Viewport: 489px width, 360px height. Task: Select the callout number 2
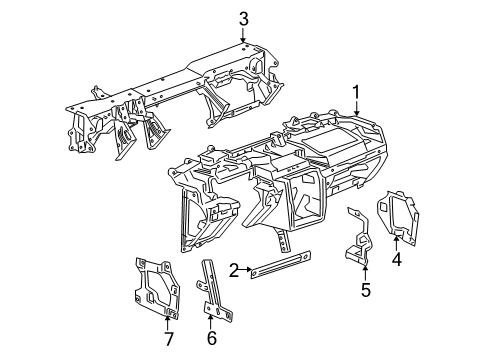pyautogui.click(x=232, y=269)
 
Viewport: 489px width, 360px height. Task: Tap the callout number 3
pyautogui.click(x=243, y=18)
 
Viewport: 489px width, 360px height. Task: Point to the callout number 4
pyautogui.click(x=396, y=261)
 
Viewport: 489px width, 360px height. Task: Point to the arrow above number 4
pyautogui.click(x=396, y=243)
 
